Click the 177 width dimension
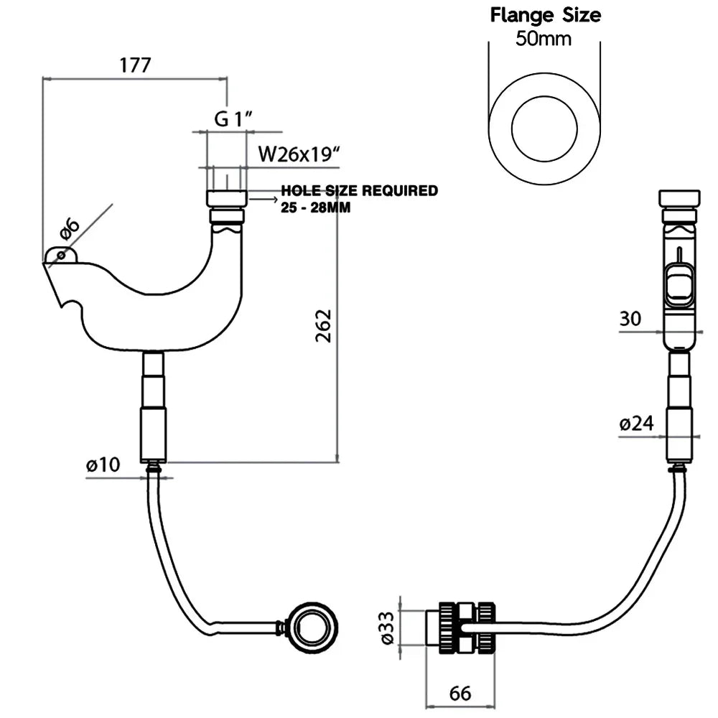[x=135, y=65]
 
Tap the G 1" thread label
[x=231, y=119]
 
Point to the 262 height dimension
[x=324, y=325]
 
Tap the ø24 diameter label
[x=636, y=424]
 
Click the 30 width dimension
[x=630, y=319]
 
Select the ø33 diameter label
[x=388, y=629]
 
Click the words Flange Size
[x=545, y=14]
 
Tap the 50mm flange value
[x=544, y=38]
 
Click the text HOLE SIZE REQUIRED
[x=359, y=191]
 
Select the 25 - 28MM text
[x=309, y=206]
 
